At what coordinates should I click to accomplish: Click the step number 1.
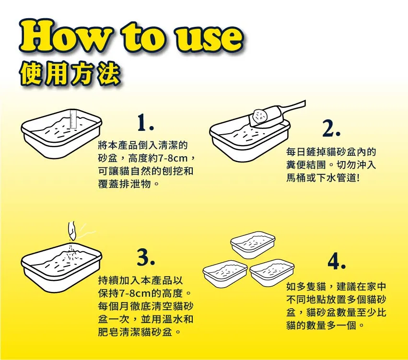coord(145,123)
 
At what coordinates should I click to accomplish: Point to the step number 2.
coord(331,128)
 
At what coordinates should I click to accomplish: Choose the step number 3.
coord(146,257)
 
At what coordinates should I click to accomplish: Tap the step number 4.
coord(337,261)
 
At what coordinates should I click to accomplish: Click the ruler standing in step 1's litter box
coord(72,119)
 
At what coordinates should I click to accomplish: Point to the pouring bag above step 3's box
coord(72,231)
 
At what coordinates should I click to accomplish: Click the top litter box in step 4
coord(253,245)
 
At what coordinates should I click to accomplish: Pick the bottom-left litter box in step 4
coord(225,273)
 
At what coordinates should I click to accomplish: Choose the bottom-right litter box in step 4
coord(272,273)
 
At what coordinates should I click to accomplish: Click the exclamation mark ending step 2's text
coord(358,178)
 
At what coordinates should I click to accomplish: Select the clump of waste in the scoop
coord(260,116)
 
